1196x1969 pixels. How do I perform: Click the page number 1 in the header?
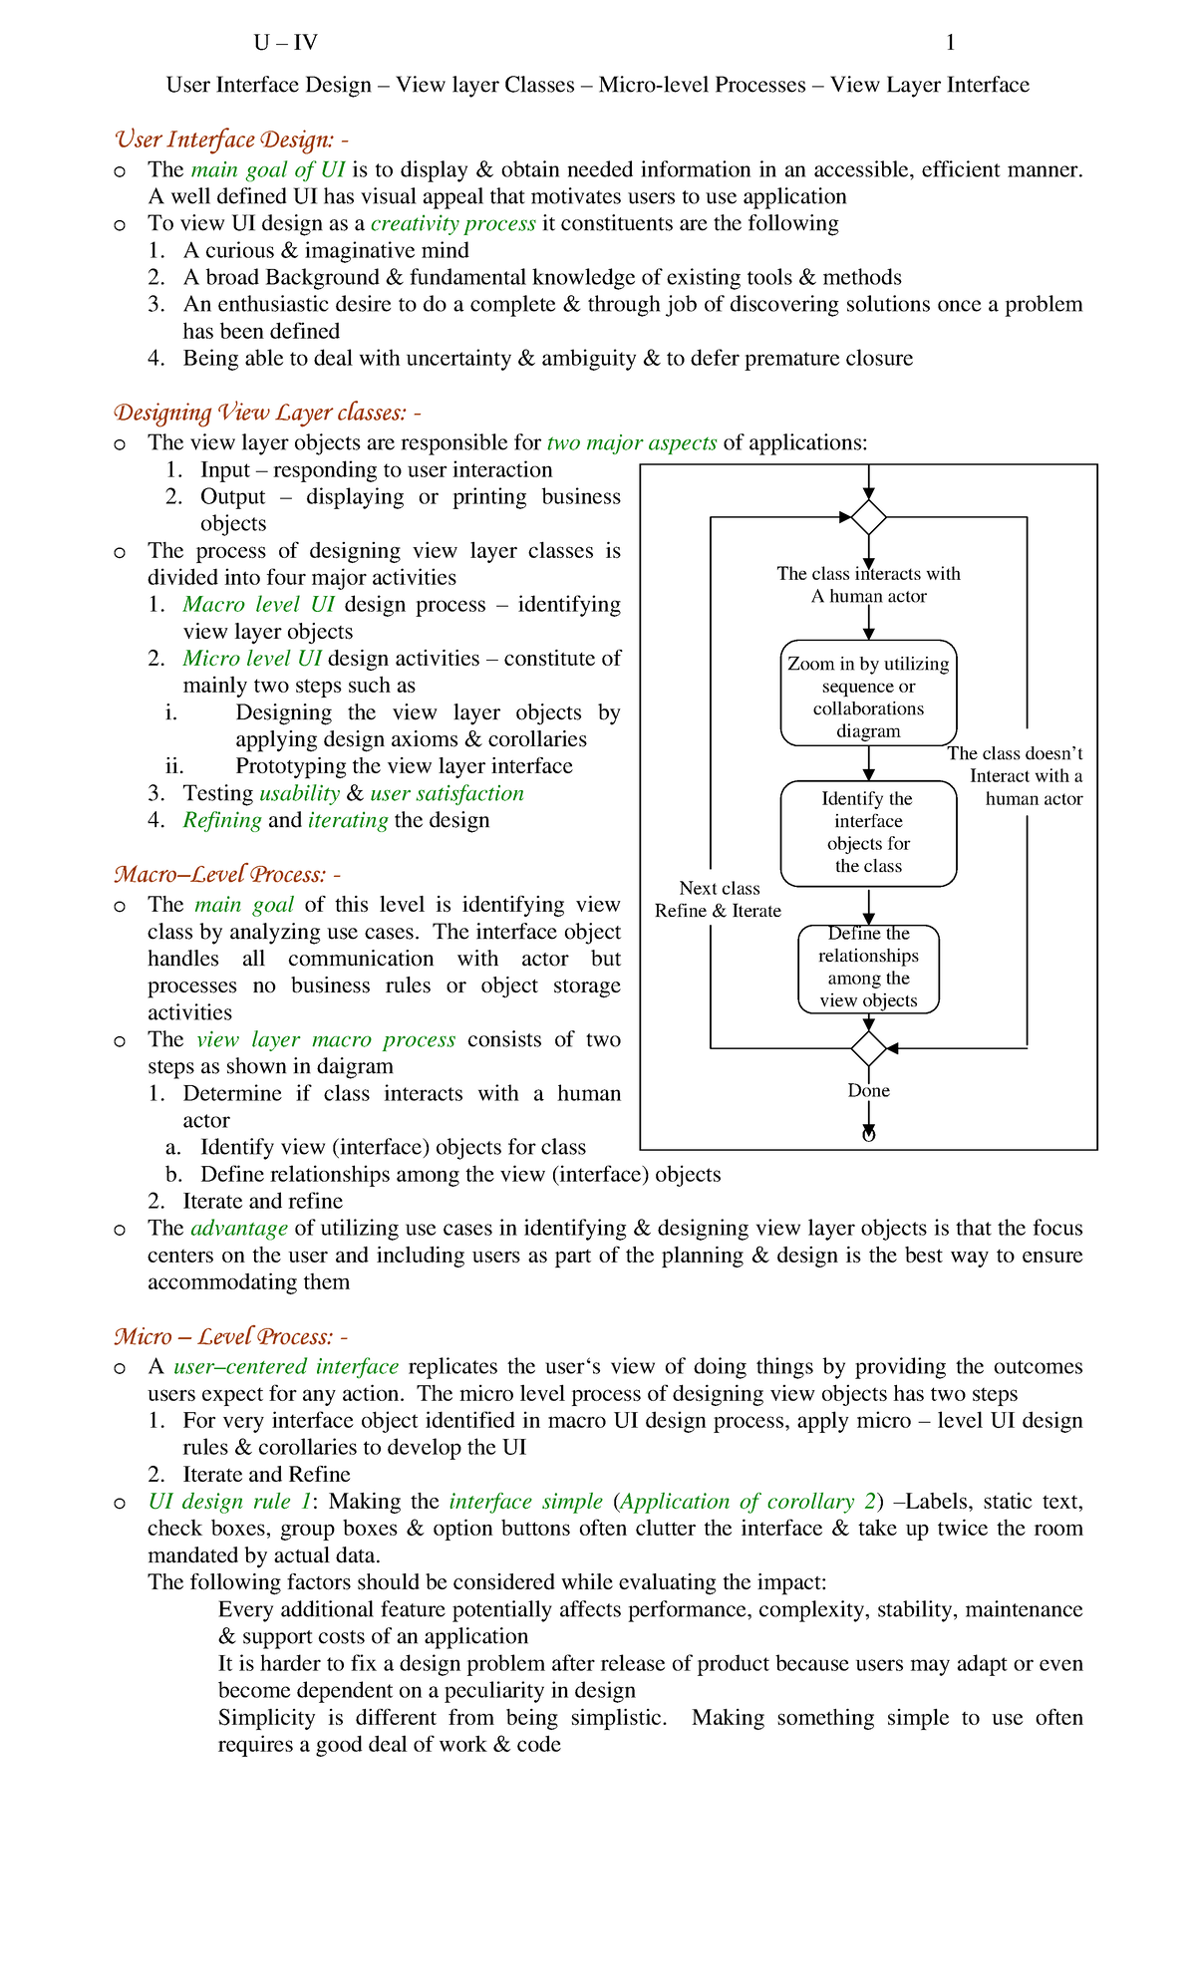(x=950, y=43)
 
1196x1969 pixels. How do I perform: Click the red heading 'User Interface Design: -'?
(x=230, y=140)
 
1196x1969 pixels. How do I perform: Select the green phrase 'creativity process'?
(x=452, y=223)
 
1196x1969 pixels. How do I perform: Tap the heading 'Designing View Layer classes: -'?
(x=267, y=413)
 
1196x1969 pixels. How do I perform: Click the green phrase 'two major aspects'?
(x=632, y=442)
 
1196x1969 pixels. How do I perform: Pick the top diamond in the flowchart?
(x=869, y=517)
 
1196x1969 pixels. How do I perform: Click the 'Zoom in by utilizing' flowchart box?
(x=868, y=694)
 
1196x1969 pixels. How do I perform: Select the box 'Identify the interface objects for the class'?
(x=868, y=833)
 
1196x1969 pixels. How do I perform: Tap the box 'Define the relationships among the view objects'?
(x=868, y=969)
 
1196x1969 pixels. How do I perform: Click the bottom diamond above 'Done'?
(x=869, y=1048)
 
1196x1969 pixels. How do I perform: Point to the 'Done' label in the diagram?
(x=868, y=1091)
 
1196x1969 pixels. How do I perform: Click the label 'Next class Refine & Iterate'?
(x=719, y=900)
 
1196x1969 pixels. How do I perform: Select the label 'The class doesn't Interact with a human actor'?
(x=1017, y=776)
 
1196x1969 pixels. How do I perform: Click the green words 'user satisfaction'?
(x=447, y=794)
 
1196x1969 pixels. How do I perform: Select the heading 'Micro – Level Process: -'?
(x=230, y=1337)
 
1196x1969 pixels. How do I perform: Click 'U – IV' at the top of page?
(x=285, y=43)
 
